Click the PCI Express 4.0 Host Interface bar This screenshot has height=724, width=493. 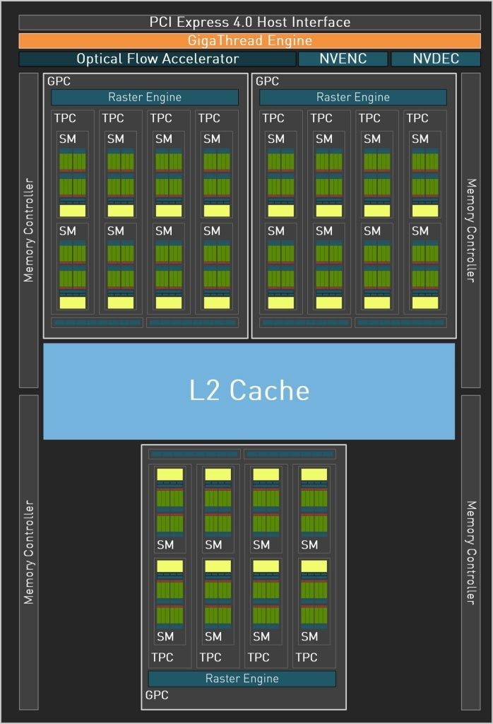pos(249,22)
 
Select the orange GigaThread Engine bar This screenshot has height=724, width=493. pos(249,40)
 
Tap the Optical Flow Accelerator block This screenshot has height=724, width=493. pos(157,59)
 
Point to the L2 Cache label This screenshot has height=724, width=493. pos(249,390)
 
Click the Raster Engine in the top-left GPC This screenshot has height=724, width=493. pos(145,97)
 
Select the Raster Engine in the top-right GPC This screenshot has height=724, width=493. pos(353,97)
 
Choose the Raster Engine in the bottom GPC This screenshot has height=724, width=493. pos(242,679)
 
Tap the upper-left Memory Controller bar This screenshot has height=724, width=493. pos(28,230)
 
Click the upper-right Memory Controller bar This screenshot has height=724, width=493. pos(470,230)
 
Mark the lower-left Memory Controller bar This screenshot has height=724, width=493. pos(28,552)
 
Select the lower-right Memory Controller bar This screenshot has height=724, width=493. pos(470,552)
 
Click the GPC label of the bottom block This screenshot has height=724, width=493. pos(157,696)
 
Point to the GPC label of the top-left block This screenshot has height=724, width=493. pos(59,81)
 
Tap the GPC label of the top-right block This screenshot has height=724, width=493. pos(267,81)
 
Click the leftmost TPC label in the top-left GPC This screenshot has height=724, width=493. pos(65,118)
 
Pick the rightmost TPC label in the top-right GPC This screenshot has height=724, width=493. pos(417,118)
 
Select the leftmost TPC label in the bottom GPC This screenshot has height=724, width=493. pos(162,658)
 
